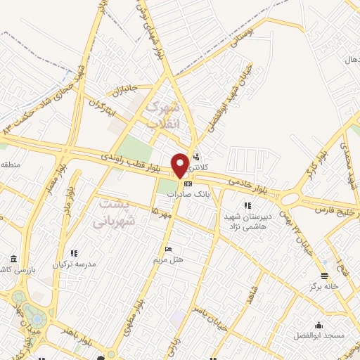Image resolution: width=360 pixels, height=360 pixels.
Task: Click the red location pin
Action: tap(180, 165)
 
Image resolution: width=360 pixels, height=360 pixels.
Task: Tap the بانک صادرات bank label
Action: tap(204, 194)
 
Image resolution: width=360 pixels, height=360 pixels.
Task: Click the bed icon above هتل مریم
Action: tap(168, 249)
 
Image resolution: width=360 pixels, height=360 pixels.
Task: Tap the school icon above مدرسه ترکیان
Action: tap(74, 253)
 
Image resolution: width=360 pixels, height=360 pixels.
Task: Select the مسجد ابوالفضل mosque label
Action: tap(319, 335)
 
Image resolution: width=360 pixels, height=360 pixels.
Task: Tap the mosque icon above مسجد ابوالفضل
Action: tap(319, 325)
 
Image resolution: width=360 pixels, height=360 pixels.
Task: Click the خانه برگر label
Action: tap(325, 287)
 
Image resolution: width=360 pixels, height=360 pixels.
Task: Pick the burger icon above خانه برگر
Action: tap(324, 276)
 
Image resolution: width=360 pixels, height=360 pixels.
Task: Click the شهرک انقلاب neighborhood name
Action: tap(161, 115)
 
